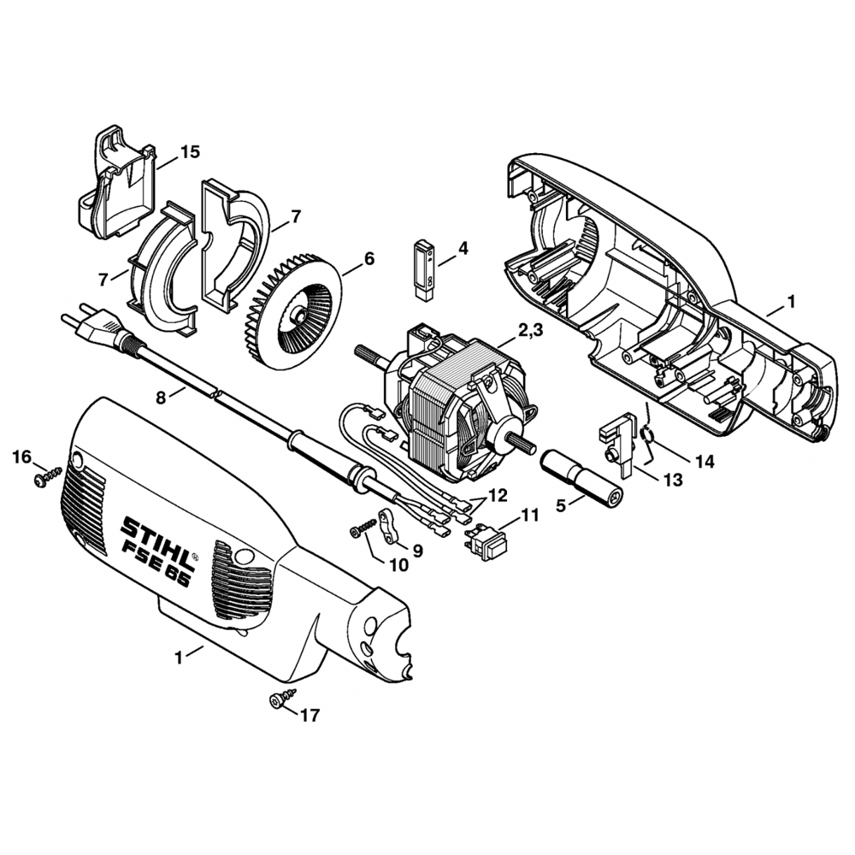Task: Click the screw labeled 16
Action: click(47, 478)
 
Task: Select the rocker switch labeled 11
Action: click(486, 540)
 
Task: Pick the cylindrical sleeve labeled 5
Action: click(581, 473)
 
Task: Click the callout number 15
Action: click(191, 152)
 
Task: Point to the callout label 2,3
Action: click(528, 331)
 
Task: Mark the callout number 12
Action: click(498, 496)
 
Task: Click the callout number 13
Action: click(673, 481)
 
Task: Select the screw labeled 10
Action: click(363, 528)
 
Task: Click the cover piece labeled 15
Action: click(115, 183)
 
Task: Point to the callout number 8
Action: click(161, 398)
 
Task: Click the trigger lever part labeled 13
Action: click(618, 443)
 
